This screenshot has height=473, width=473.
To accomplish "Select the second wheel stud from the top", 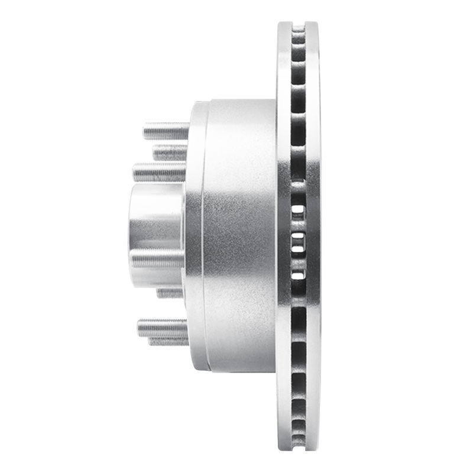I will (x=170, y=153).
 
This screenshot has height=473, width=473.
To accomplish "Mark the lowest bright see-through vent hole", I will (x=299, y=274).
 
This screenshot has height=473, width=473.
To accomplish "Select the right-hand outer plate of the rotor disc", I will (x=313, y=237).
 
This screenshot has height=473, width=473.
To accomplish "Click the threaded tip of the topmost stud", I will (x=146, y=130).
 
